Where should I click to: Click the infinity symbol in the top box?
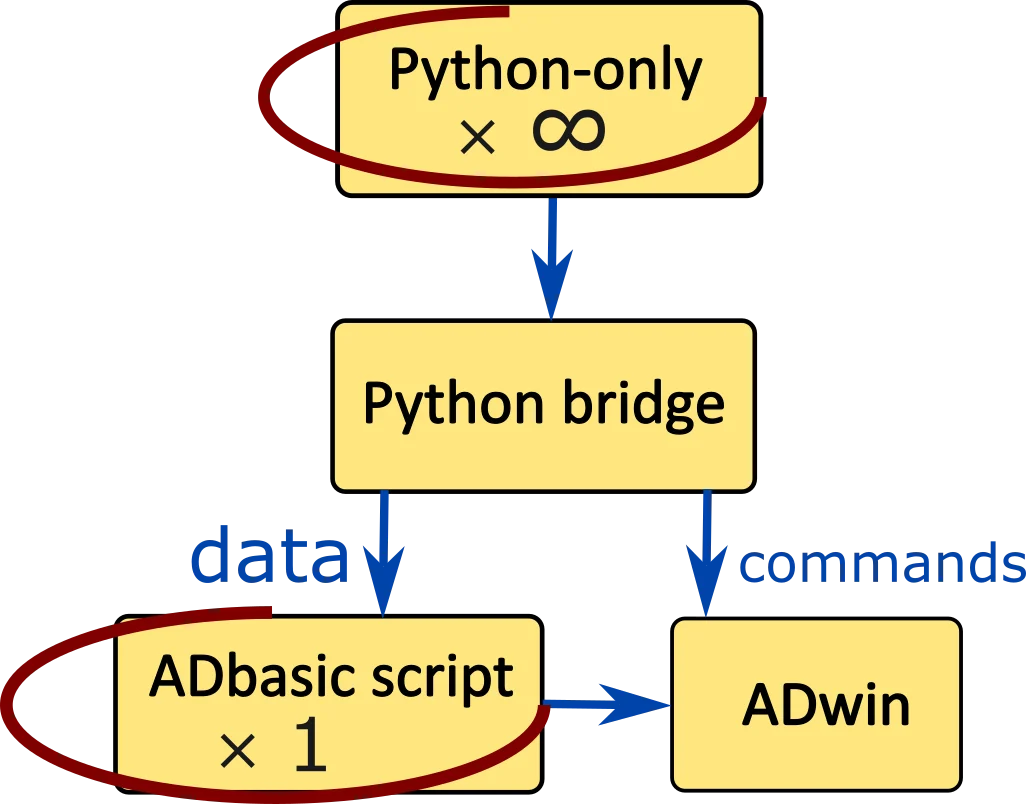pos(569,130)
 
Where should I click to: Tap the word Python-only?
pos(546,71)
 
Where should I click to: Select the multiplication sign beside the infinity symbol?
pos(478,137)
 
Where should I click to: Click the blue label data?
pos(270,555)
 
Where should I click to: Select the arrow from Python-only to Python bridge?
pos(552,258)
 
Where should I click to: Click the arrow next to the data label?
pos(383,553)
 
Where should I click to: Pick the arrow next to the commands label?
pos(707,553)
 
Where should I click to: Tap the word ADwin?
pos(826,706)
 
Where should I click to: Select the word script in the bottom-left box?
pos(443,680)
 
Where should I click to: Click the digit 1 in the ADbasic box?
pos(311,744)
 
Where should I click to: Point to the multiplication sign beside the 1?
pos(238,750)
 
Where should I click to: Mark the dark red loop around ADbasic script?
pos(275,793)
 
